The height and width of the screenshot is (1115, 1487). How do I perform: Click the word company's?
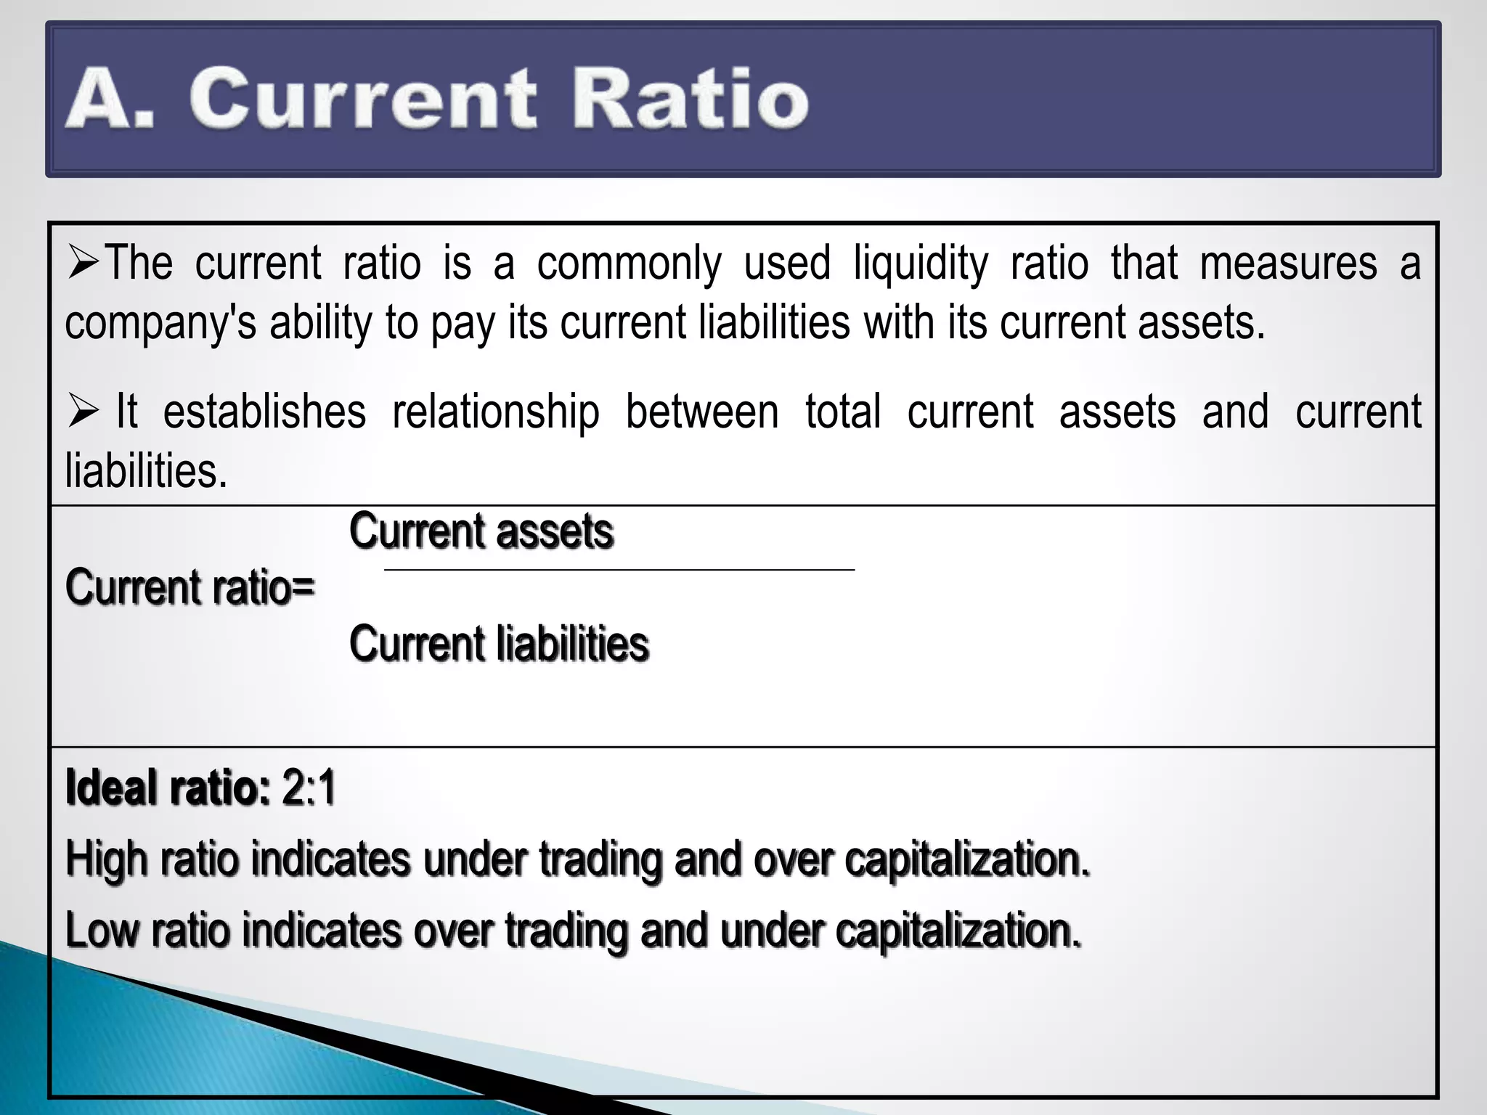[160, 324]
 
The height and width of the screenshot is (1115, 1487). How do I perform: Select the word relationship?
[496, 413]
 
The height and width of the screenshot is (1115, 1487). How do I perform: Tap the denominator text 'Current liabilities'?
[499, 644]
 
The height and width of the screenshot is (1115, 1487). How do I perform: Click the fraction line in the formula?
[619, 571]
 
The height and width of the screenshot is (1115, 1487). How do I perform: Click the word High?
[107, 860]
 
